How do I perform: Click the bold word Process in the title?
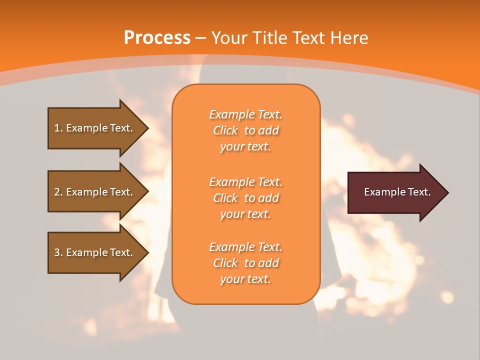click(157, 38)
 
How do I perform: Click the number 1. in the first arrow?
click(58, 128)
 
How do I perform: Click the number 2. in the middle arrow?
click(58, 192)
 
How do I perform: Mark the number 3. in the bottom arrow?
click(58, 252)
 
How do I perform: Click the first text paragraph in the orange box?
click(245, 130)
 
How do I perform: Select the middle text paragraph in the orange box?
click(245, 198)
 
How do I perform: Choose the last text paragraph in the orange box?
click(245, 263)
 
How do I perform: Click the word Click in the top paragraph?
click(225, 131)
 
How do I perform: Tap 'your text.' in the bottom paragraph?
click(245, 279)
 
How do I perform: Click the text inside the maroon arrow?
click(397, 192)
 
